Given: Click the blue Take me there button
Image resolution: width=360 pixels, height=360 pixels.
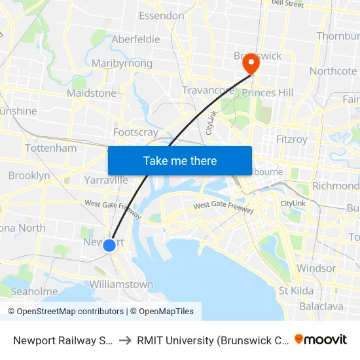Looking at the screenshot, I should [x=180, y=160].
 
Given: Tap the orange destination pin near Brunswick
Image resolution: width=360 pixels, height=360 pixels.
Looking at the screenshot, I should [x=251, y=64].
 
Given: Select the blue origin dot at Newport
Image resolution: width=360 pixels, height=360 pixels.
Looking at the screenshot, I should [x=109, y=245].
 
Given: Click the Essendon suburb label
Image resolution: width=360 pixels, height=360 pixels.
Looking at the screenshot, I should [x=161, y=15].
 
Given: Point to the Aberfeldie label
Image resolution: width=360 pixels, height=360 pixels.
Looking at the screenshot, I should [x=135, y=39].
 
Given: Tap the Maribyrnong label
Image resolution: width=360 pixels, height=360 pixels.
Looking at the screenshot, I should [x=122, y=63].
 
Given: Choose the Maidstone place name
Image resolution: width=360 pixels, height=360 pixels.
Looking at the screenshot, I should [x=92, y=93].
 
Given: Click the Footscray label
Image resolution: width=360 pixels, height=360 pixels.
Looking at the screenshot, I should [x=135, y=132].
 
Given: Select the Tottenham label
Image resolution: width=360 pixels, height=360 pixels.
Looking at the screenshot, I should [x=50, y=148].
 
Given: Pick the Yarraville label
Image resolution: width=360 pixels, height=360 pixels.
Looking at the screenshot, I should [x=106, y=180].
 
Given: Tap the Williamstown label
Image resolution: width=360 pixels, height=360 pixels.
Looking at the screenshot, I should [x=121, y=285].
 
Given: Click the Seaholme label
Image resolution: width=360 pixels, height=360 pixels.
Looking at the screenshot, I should [x=34, y=291].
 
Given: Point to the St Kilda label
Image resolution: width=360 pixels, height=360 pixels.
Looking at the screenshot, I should [x=296, y=290].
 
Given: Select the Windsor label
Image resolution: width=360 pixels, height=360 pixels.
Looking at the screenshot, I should [x=316, y=268].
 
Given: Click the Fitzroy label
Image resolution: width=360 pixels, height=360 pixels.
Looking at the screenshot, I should [x=291, y=139].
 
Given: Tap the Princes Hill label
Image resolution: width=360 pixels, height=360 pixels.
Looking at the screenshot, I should [x=268, y=93].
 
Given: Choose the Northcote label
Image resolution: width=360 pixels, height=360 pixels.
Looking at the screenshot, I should [x=333, y=71].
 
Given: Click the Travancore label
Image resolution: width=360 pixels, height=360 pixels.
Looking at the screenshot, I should [x=208, y=90].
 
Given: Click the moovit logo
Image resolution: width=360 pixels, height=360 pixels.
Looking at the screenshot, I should [x=321, y=339].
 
